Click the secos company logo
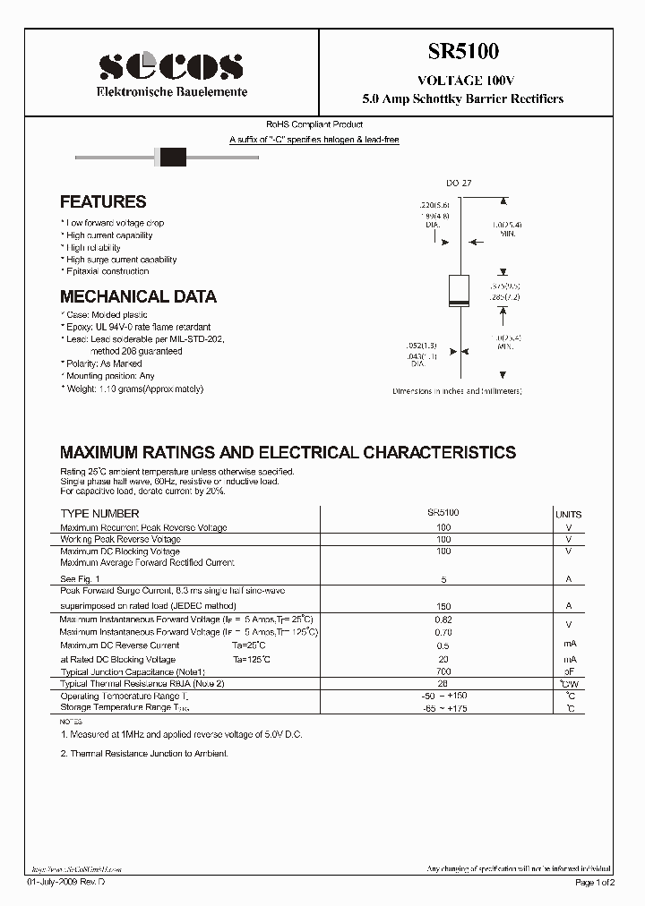click(x=171, y=65)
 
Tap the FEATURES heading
click(x=103, y=202)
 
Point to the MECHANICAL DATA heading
click(x=138, y=296)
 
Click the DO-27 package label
click(x=459, y=183)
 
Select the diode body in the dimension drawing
click(x=459, y=292)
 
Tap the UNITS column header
click(x=568, y=515)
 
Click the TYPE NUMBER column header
click(x=99, y=514)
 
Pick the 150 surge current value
click(x=443, y=606)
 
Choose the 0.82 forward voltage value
click(x=443, y=619)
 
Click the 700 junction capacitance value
click(x=443, y=671)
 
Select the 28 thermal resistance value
click(x=443, y=683)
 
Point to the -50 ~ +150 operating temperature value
click(x=443, y=696)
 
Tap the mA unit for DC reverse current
click(x=568, y=645)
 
